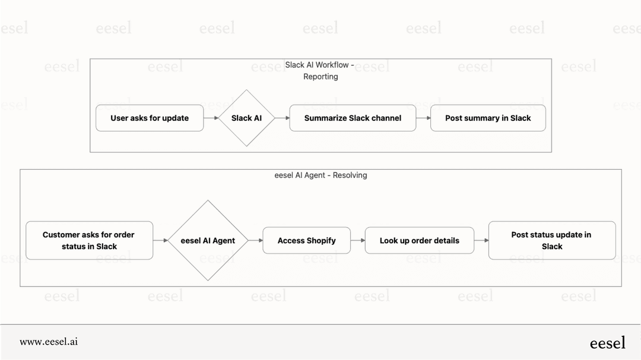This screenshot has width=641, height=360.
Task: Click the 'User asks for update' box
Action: [150, 118]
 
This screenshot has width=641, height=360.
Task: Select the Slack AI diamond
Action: [246, 118]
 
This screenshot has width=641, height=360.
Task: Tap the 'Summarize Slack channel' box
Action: [353, 118]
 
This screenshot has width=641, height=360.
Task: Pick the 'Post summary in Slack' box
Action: [488, 118]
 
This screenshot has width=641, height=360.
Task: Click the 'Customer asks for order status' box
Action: [90, 240]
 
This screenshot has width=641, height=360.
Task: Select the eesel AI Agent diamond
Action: [208, 240]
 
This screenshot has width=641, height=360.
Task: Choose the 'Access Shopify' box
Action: [306, 240]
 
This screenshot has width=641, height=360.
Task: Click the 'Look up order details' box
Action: [419, 240]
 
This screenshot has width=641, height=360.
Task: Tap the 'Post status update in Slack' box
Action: [551, 240]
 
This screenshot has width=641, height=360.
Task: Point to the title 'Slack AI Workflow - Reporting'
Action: [320, 71]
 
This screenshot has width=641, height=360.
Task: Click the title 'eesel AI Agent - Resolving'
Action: [320, 175]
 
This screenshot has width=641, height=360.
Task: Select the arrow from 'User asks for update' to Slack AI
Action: [211, 118]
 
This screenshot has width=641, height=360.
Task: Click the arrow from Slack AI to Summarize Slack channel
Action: [282, 118]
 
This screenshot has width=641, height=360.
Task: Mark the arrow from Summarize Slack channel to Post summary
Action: [423, 118]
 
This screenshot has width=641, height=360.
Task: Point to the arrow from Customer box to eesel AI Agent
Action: [160, 240]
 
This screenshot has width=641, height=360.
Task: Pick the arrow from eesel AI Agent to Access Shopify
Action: [255, 240]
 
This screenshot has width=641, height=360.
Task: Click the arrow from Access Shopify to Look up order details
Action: [358, 240]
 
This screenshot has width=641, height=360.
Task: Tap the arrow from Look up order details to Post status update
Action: [481, 240]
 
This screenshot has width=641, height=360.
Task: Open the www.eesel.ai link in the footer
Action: [49, 342]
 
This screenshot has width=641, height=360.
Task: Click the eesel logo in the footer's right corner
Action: [607, 342]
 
